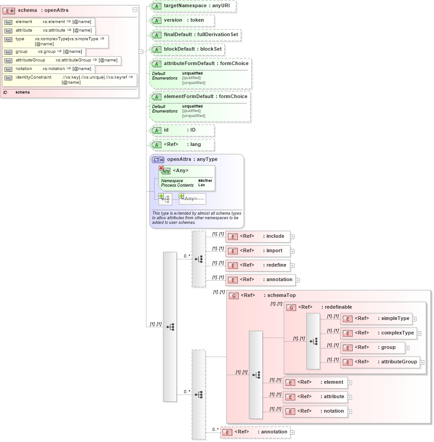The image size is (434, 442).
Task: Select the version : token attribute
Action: [183, 20]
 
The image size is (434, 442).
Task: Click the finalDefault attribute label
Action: [196, 35]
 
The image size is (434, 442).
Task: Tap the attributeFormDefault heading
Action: [206, 64]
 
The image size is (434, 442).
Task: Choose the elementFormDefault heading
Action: [205, 97]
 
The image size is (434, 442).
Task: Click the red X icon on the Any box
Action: [161, 168]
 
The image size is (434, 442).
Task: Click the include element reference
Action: [258, 236]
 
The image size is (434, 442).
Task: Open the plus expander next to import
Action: [292, 251]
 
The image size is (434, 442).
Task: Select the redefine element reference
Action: [258, 265]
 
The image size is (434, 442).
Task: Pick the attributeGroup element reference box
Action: [380, 362]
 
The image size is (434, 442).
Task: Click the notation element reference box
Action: [315, 411]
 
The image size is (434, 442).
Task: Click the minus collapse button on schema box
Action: [135, 10]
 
